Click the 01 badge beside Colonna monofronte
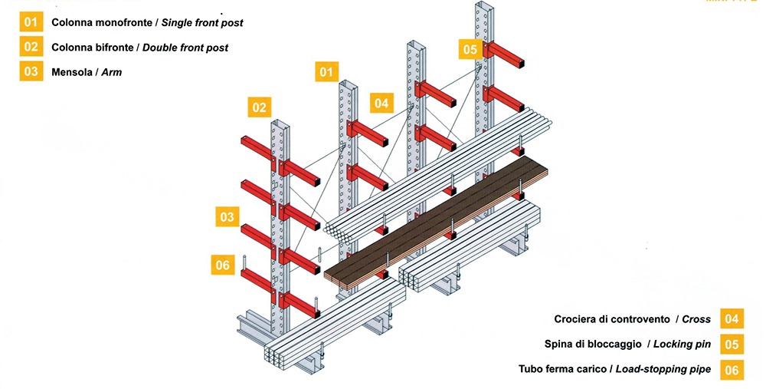click(31, 22)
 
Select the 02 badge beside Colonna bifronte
click(31, 47)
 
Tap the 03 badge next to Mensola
click(31, 72)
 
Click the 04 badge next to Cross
click(732, 318)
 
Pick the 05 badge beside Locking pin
click(732, 344)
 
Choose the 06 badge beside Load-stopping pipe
click(732, 369)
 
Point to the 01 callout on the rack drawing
click(326, 71)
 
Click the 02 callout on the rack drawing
click(260, 107)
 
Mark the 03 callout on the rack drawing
click(227, 217)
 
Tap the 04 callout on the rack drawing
click(381, 102)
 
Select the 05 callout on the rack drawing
click(470, 50)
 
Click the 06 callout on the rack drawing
click(222, 265)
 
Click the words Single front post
click(202, 23)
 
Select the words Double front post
click(186, 48)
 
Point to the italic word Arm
click(112, 72)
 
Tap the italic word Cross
click(696, 319)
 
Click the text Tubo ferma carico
click(562, 370)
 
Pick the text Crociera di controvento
click(611, 319)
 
